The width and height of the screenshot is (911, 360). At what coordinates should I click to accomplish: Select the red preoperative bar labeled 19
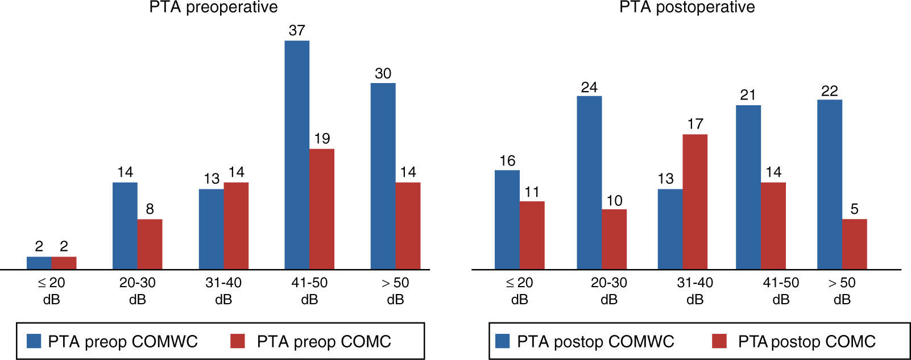(x=322, y=209)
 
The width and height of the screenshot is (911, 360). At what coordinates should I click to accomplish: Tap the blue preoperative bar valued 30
(x=383, y=176)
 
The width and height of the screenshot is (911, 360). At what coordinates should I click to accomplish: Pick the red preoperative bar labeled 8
(x=150, y=244)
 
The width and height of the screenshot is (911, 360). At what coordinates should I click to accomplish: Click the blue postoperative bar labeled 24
(x=589, y=183)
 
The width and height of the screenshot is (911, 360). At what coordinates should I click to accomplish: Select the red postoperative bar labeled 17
(x=695, y=201)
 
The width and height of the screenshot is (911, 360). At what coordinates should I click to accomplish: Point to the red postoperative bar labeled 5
(x=854, y=244)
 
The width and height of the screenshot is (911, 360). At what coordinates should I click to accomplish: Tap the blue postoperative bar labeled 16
(x=507, y=220)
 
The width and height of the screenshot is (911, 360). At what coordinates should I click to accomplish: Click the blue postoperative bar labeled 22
(x=829, y=184)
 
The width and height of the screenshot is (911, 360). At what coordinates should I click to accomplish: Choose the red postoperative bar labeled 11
(x=532, y=235)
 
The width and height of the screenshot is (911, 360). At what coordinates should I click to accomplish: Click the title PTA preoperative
(x=214, y=7)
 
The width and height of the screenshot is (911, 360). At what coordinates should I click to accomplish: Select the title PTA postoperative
(x=687, y=7)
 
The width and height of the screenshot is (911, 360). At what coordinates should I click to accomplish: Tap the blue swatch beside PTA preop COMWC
(x=35, y=341)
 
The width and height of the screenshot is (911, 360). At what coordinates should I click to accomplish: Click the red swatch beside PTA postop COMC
(x=719, y=341)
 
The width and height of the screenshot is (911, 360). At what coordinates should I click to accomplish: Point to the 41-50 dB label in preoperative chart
(x=309, y=291)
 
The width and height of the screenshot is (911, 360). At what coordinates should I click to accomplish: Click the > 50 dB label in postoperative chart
(x=842, y=291)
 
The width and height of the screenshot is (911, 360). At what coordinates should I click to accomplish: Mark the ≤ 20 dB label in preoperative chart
(x=51, y=291)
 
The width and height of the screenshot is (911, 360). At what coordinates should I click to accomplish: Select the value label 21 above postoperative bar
(x=748, y=95)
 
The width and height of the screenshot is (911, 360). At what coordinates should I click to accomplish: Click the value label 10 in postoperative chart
(x=614, y=200)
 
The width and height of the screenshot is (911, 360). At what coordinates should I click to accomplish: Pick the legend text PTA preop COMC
(x=324, y=341)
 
